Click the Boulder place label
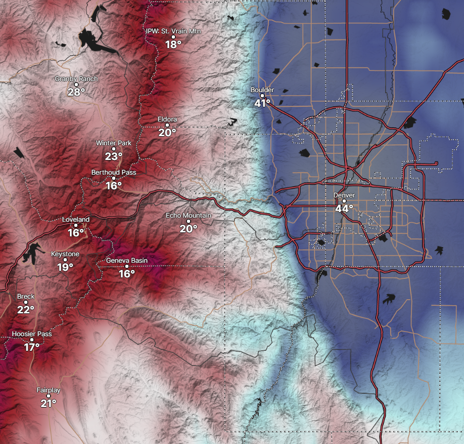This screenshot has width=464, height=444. point(262,90)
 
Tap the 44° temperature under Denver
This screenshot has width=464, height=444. point(344,209)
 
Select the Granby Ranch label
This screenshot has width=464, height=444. point(76,79)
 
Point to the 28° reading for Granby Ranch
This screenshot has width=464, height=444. point(76,92)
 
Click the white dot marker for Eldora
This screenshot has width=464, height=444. point(167,126)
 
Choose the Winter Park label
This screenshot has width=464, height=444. point(114,143)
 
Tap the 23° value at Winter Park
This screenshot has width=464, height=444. point(114,156)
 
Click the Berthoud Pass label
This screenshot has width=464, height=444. point(114,173)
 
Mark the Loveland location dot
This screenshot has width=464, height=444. point(76,225)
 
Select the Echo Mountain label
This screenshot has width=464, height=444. point(189,216)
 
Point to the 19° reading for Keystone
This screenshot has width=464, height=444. point(65,267)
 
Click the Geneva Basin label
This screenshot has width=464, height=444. point(127,260)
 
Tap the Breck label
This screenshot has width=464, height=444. point(26,296)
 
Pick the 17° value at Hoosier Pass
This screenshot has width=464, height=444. point(32,347)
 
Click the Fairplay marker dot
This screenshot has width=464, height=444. point(49,396)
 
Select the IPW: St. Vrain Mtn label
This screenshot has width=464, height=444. point(173,31)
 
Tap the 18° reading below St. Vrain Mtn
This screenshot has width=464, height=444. point(173,45)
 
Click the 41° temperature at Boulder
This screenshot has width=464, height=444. point(262,103)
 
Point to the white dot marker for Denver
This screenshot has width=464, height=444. point(344,201)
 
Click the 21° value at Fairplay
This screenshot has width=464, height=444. point(49,403)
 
